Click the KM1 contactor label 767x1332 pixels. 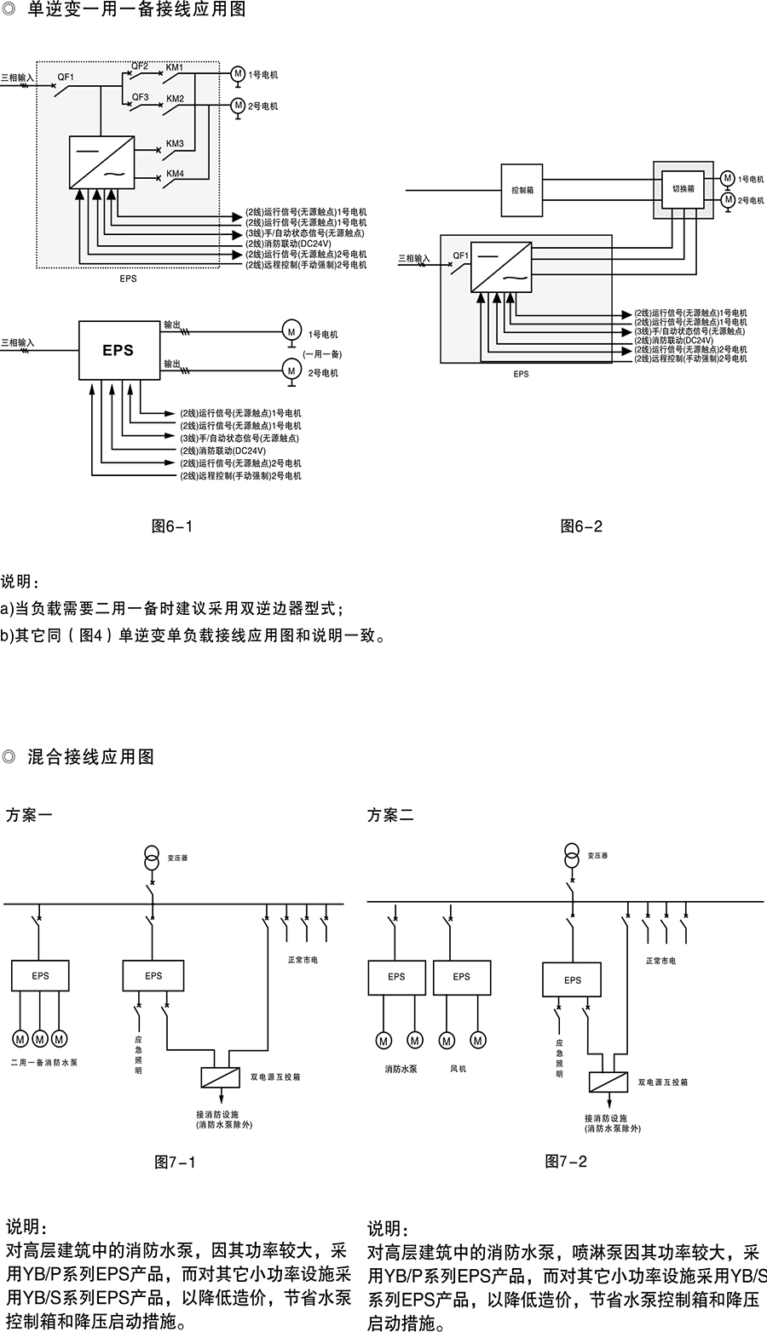pos(174,66)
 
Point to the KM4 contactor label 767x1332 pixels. pos(175,174)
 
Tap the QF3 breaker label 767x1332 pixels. pos(140,98)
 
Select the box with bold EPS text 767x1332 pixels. pos(118,350)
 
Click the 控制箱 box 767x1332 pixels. pos(522,190)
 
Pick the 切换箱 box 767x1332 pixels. pos(683,188)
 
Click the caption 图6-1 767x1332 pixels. pos(171,526)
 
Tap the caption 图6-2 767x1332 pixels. pos(581,526)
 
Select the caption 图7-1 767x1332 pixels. pos(175,1162)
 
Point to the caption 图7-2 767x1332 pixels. pos(566,1160)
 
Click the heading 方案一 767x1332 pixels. pos(29,815)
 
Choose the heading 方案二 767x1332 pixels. pos(390,815)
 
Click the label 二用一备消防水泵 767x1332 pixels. pos(43,1063)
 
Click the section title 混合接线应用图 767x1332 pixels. pos(90,756)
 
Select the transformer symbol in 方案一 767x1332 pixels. pos(152,856)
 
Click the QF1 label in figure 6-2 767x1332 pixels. pos(461,255)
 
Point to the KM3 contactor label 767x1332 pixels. pos(174,144)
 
